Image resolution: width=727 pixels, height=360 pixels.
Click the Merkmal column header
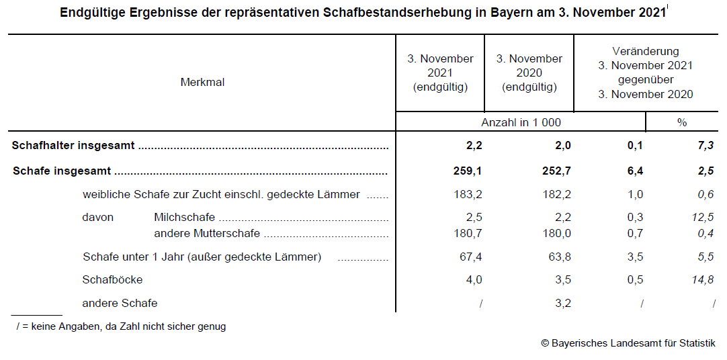click(202, 83)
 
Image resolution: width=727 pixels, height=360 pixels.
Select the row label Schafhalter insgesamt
click(73, 146)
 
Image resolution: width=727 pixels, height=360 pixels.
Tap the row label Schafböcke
click(112, 279)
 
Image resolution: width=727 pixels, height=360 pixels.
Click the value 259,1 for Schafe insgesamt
click(468, 171)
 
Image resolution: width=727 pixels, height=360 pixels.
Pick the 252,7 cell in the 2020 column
click(557, 171)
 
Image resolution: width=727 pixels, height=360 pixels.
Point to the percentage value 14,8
click(701, 279)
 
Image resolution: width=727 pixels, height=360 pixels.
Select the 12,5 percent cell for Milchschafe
click(701, 217)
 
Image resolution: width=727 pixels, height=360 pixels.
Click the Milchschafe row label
click(184, 217)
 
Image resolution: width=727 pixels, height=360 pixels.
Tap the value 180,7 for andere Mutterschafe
click(468, 233)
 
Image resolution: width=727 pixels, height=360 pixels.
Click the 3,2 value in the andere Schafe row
click(563, 303)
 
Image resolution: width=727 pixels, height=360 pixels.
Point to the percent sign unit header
click(682, 122)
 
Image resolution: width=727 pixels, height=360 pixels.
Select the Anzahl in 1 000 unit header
click(521, 122)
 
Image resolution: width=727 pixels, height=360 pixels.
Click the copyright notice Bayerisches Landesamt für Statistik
click(628, 343)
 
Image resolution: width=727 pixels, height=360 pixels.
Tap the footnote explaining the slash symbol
click(121, 326)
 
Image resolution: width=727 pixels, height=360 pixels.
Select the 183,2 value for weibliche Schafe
click(468, 195)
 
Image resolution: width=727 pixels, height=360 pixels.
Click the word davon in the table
click(98, 217)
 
